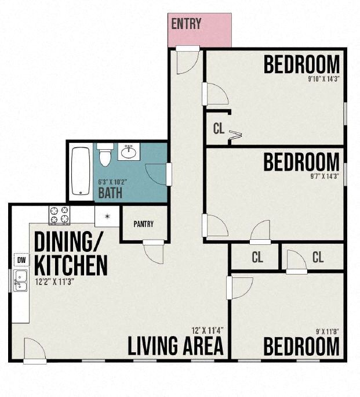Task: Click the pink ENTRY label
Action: click(186, 24)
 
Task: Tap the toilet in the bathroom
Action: click(105, 155)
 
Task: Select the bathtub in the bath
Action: click(80, 171)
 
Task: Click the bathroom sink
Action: click(129, 153)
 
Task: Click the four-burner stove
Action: click(60, 215)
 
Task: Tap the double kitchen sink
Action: click(20, 280)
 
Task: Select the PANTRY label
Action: click(143, 224)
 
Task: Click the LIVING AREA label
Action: click(176, 347)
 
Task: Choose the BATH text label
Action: click(110, 192)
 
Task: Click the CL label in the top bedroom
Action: click(218, 129)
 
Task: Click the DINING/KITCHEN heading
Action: click(70, 253)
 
